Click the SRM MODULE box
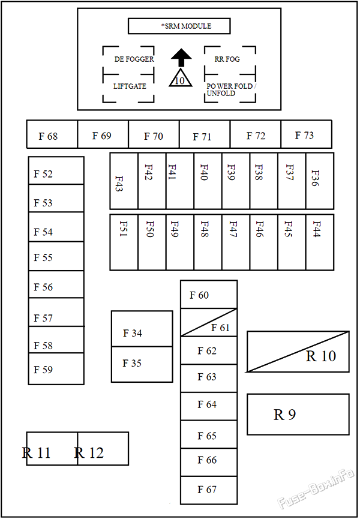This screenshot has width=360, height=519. point(179,26)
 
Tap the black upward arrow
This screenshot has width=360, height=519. point(181,58)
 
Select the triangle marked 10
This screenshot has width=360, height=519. point(181,78)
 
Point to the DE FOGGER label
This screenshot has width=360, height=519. point(134,59)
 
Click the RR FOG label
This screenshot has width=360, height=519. point(227,59)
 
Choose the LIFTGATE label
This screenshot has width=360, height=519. point(130,86)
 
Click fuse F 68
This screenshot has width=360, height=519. point(52,134)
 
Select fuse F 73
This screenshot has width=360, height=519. point(307,134)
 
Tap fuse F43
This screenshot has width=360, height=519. point(124,181)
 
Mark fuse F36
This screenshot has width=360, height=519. point(320,181)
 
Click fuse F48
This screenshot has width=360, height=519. point(208,242)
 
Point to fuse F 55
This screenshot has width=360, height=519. point(56,256)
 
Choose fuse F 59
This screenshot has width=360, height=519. point(56,369)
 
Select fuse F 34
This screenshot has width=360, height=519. point(142,329)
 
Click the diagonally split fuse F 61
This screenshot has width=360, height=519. point(209,322)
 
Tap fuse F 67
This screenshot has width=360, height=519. point(209,490)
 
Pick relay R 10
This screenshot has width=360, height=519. point(298,352)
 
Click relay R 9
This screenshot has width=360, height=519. point(298,414)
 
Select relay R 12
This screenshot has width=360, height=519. point(103,448)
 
